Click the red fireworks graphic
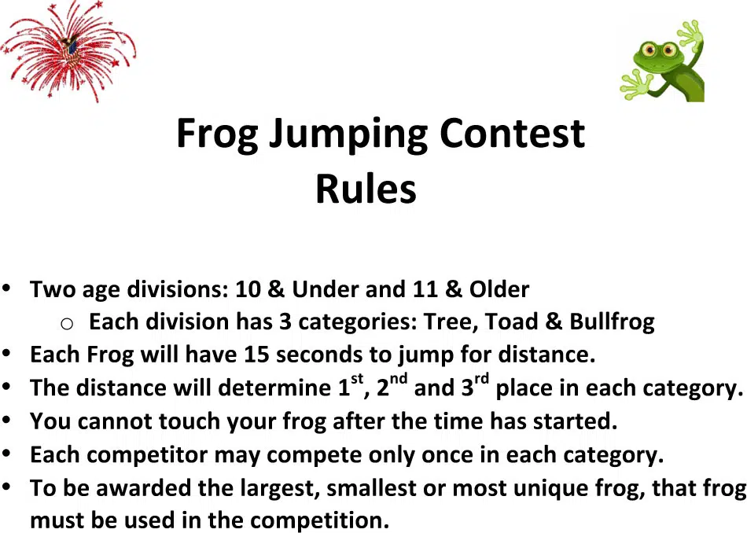tap(68, 51)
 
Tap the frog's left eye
tap(649, 49)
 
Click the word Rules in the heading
tap(366, 189)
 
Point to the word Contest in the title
tap(512, 133)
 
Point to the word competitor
tap(147, 455)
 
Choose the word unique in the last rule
tap(550, 489)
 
